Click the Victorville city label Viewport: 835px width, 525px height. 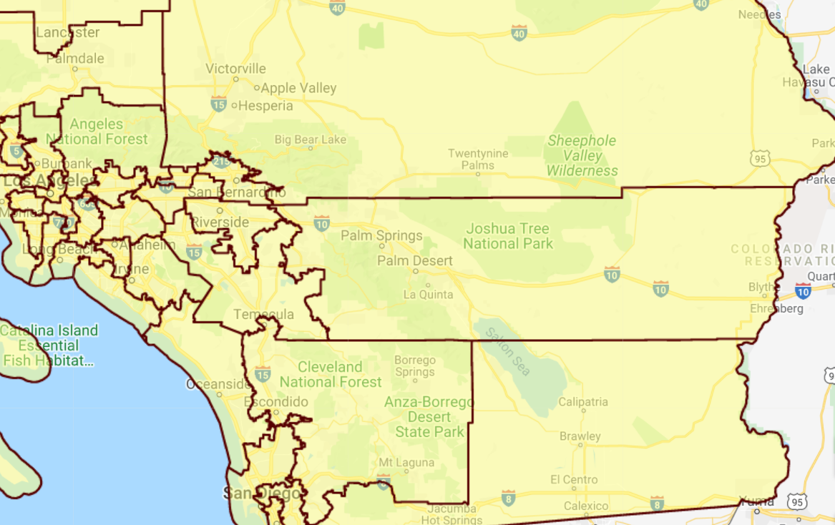pyautogui.click(x=235, y=69)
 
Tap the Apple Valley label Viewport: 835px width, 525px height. pyautogui.click(x=298, y=88)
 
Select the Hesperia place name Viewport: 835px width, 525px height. pyautogui.click(x=265, y=106)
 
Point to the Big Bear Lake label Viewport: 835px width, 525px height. pyautogui.click(x=310, y=139)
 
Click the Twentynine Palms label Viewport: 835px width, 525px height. pyautogui.click(x=478, y=159)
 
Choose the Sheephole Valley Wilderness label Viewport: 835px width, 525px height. pyautogui.click(x=582, y=155)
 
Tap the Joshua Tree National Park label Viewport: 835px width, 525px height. pyautogui.click(x=508, y=236)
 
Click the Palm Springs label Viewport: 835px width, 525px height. pyautogui.click(x=381, y=235)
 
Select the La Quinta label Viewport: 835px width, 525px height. pyautogui.click(x=428, y=295)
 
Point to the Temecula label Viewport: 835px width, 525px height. pyautogui.click(x=264, y=315)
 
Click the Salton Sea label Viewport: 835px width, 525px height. pyautogui.click(x=508, y=351)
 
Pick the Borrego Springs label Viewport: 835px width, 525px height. pyautogui.click(x=415, y=365)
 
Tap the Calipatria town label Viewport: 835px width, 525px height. pyautogui.click(x=583, y=402)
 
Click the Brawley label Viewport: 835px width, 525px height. pyautogui.click(x=580, y=436)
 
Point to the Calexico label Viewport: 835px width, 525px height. pyautogui.click(x=586, y=506)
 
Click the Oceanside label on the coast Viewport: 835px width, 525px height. pyautogui.click(x=218, y=384)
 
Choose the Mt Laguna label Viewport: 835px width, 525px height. pyautogui.click(x=406, y=463)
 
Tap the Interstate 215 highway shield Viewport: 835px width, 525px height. pyautogui.click(x=222, y=162)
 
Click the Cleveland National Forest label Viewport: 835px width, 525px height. pyautogui.click(x=331, y=374)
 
